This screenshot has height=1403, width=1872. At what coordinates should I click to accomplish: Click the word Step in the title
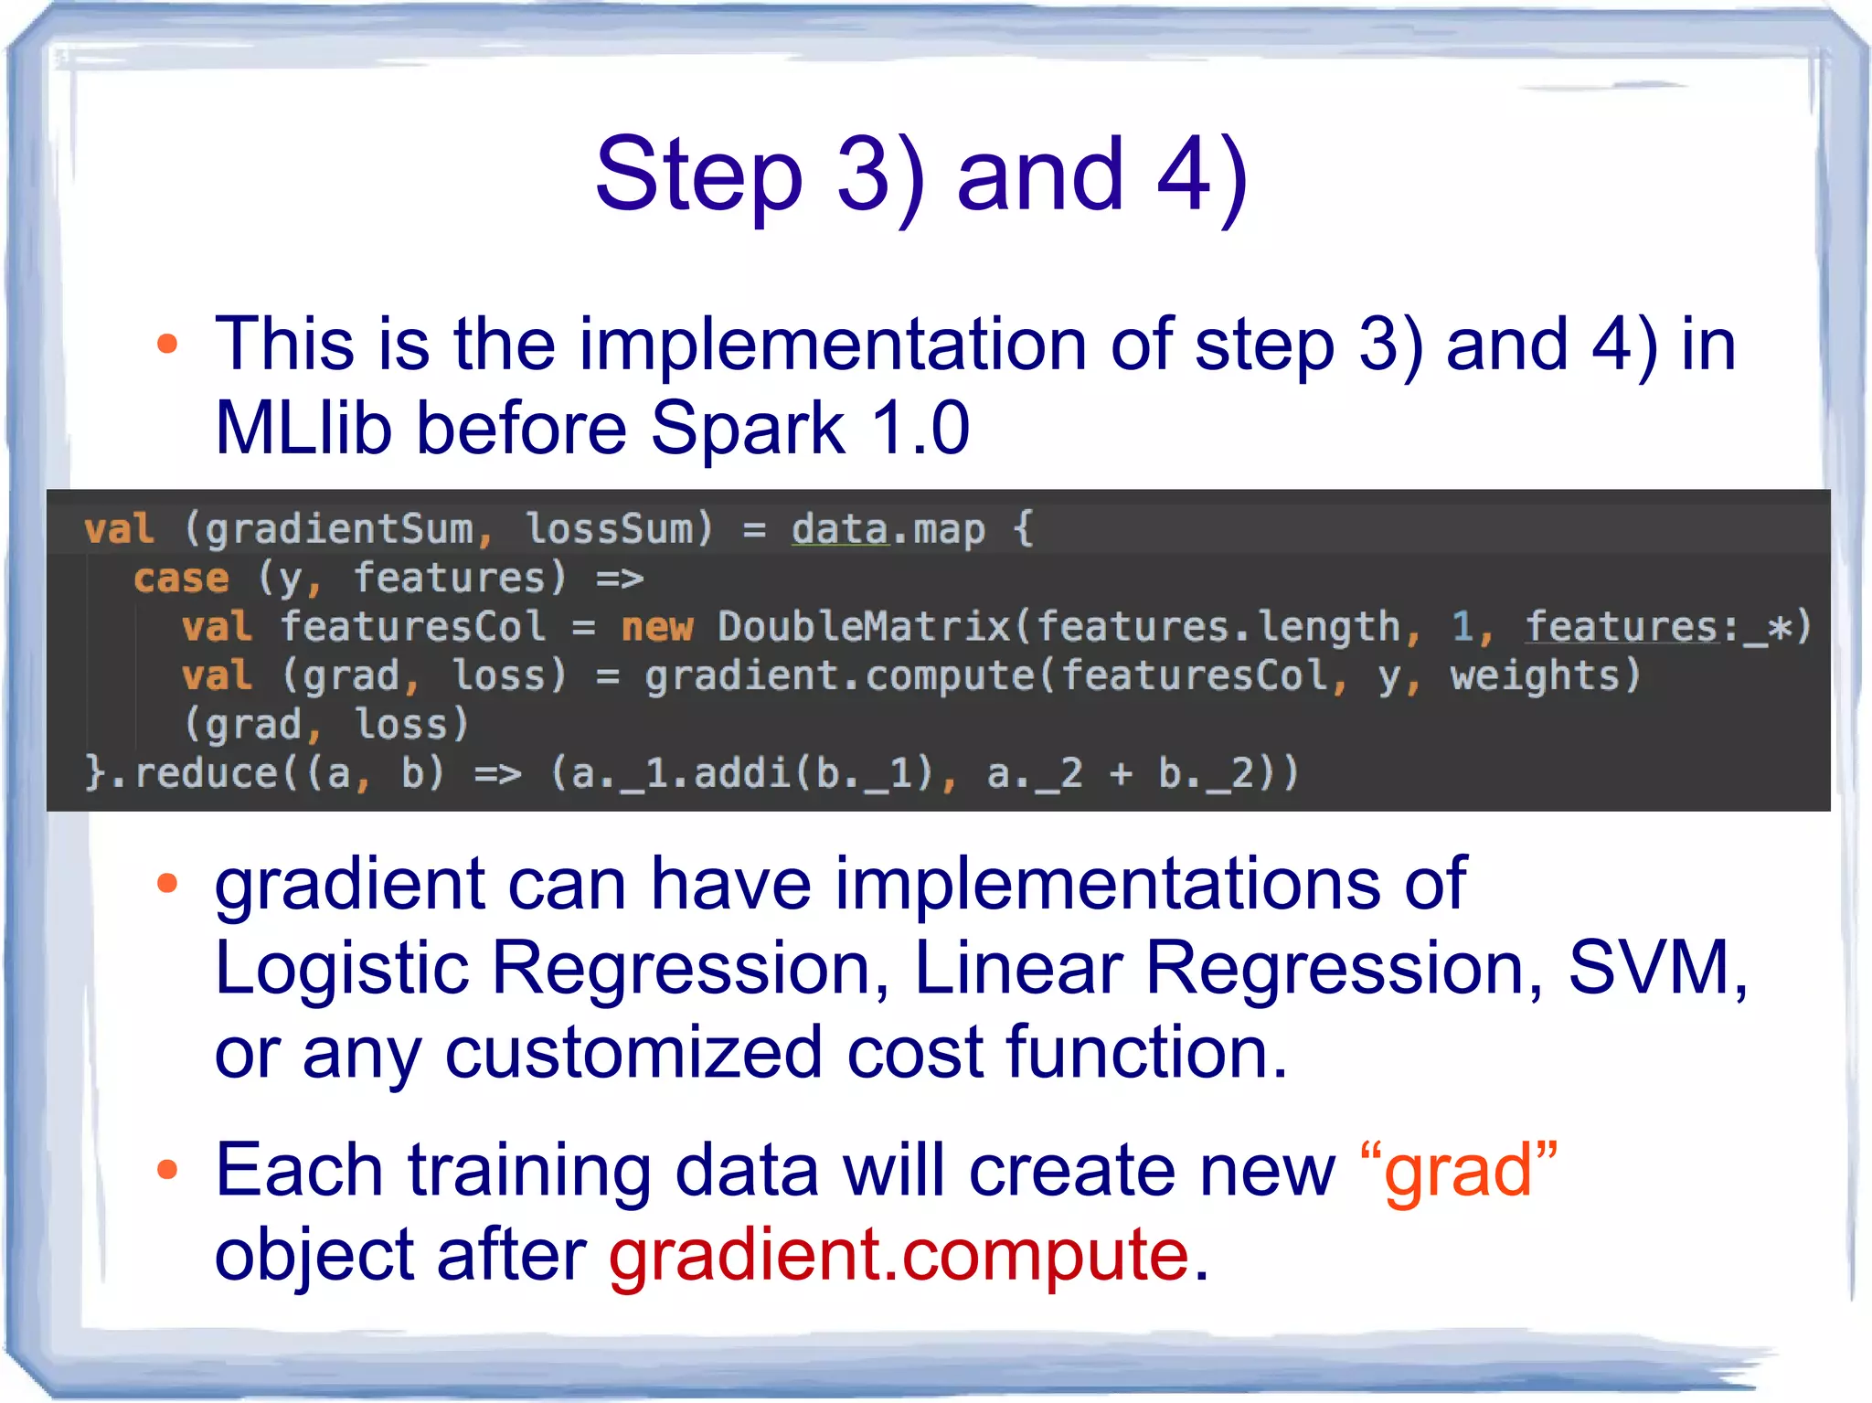coord(699,175)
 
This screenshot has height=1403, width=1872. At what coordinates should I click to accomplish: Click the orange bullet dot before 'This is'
coord(166,345)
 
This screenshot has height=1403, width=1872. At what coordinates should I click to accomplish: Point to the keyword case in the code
coord(181,579)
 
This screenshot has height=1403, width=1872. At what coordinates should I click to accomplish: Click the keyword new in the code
coord(656,627)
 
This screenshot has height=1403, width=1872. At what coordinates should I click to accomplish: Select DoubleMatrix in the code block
coord(864,627)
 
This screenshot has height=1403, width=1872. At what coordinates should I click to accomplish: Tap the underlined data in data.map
coord(839,530)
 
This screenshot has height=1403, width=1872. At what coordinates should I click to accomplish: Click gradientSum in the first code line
coord(338,530)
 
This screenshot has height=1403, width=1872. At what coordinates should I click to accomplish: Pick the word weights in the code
coord(1534,676)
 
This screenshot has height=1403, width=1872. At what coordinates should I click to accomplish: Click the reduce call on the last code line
coord(206,773)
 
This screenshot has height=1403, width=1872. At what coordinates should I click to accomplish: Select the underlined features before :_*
coord(1622,627)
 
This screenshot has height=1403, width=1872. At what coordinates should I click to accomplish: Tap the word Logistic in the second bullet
coord(341,968)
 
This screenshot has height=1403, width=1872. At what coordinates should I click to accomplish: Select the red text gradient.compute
coord(899,1254)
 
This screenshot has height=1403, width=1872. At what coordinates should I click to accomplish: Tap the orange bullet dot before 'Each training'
coord(166,1170)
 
